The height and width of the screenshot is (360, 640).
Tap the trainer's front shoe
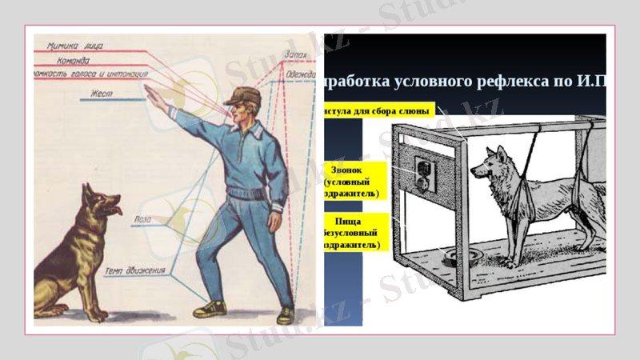click(210, 308)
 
